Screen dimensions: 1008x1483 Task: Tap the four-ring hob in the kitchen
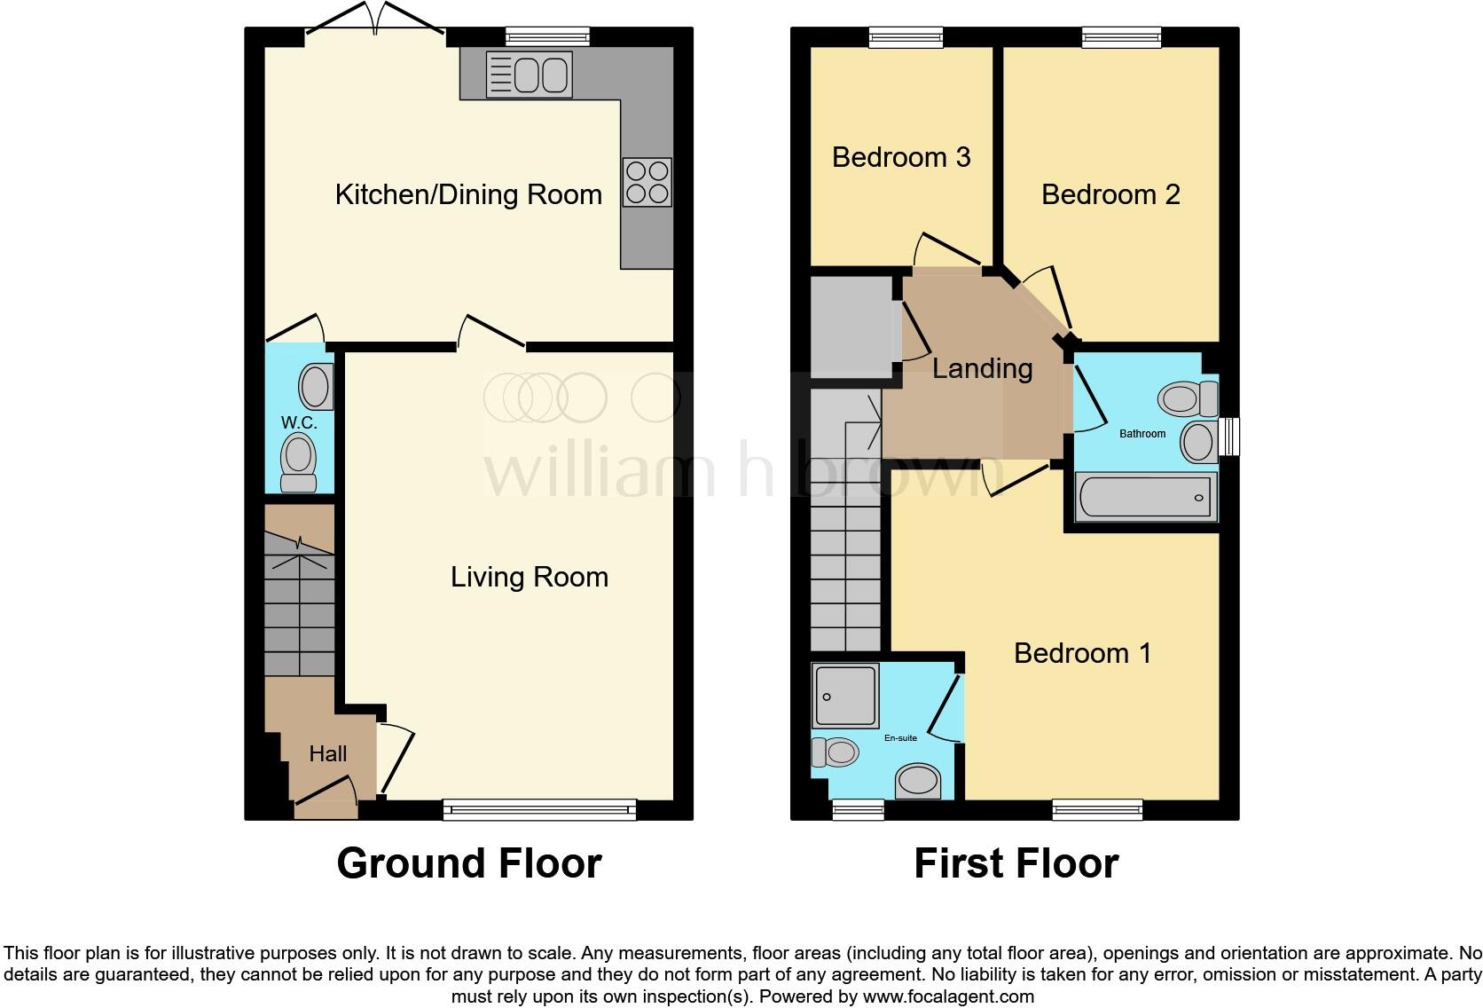(x=647, y=182)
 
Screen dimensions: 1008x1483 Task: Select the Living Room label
(x=530, y=577)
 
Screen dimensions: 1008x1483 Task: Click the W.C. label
(x=299, y=422)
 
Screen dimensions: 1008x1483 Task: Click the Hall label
(x=327, y=753)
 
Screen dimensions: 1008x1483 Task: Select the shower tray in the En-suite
(x=846, y=695)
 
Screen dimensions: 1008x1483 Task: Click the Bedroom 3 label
(x=901, y=157)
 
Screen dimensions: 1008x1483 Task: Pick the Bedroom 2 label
(x=1110, y=194)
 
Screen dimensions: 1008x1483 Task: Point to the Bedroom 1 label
(x=1082, y=653)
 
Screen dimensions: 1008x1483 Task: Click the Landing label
(x=982, y=367)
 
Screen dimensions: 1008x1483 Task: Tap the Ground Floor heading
(x=469, y=863)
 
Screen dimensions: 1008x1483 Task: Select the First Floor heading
(x=1016, y=863)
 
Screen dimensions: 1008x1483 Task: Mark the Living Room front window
(x=539, y=808)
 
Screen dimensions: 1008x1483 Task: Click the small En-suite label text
(x=900, y=737)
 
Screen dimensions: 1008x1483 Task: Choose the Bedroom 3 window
(x=906, y=36)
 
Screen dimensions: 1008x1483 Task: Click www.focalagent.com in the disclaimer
(x=947, y=996)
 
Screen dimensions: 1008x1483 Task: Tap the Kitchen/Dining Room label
(x=468, y=194)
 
